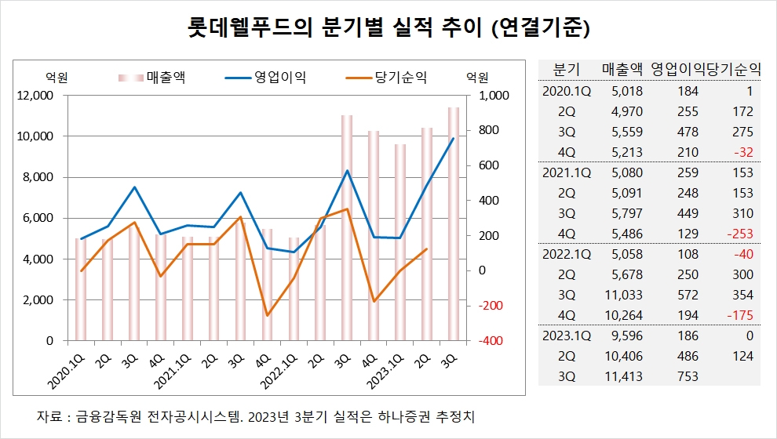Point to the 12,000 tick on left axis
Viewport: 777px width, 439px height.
36,96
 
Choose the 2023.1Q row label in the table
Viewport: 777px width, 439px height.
567,336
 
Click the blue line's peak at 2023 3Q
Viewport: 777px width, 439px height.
453,139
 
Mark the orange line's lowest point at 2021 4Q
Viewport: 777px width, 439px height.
268,315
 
